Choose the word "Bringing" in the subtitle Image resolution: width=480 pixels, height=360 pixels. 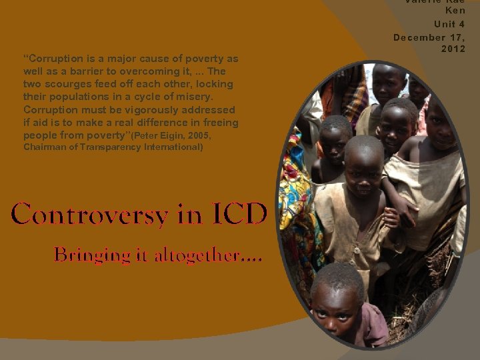83,255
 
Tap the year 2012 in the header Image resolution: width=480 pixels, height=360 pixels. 453,49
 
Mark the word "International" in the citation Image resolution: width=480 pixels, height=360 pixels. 174,147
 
